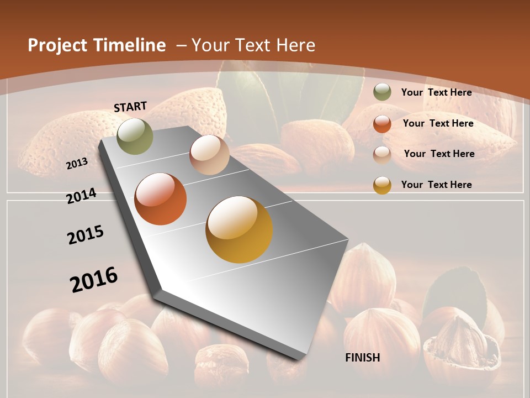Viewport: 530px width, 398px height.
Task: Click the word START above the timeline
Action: click(x=130, y=107)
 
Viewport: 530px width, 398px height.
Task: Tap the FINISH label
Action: click(x=362, y=358)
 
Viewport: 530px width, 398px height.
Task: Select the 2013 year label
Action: click(x=77, y=164)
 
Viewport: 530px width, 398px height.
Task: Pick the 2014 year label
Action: click(x=81, y=196)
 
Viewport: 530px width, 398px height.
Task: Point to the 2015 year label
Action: click(x=86, y=235)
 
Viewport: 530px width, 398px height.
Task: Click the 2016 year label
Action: click(x=94, y=279)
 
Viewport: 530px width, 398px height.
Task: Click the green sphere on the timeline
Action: click(x=135, y=136)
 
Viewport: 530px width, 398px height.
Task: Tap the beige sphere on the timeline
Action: click(x=209, y=155)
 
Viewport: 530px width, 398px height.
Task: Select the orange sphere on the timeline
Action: click(x=161, y=199)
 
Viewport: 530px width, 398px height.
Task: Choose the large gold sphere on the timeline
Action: click(x=239, y=229)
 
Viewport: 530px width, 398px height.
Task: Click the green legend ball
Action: click(x=382, y=92)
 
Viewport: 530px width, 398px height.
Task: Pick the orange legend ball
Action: click(x=382, y=124)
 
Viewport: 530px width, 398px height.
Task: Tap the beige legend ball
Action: click(x=382, y=154)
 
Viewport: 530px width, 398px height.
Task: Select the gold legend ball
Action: click(x=382, y=185)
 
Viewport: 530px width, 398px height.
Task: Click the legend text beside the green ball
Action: click(x=436, y=92)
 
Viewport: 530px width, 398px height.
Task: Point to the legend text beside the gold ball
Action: click(x=436, y=185)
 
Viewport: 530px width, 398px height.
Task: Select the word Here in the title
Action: click(x=296, y=45)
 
